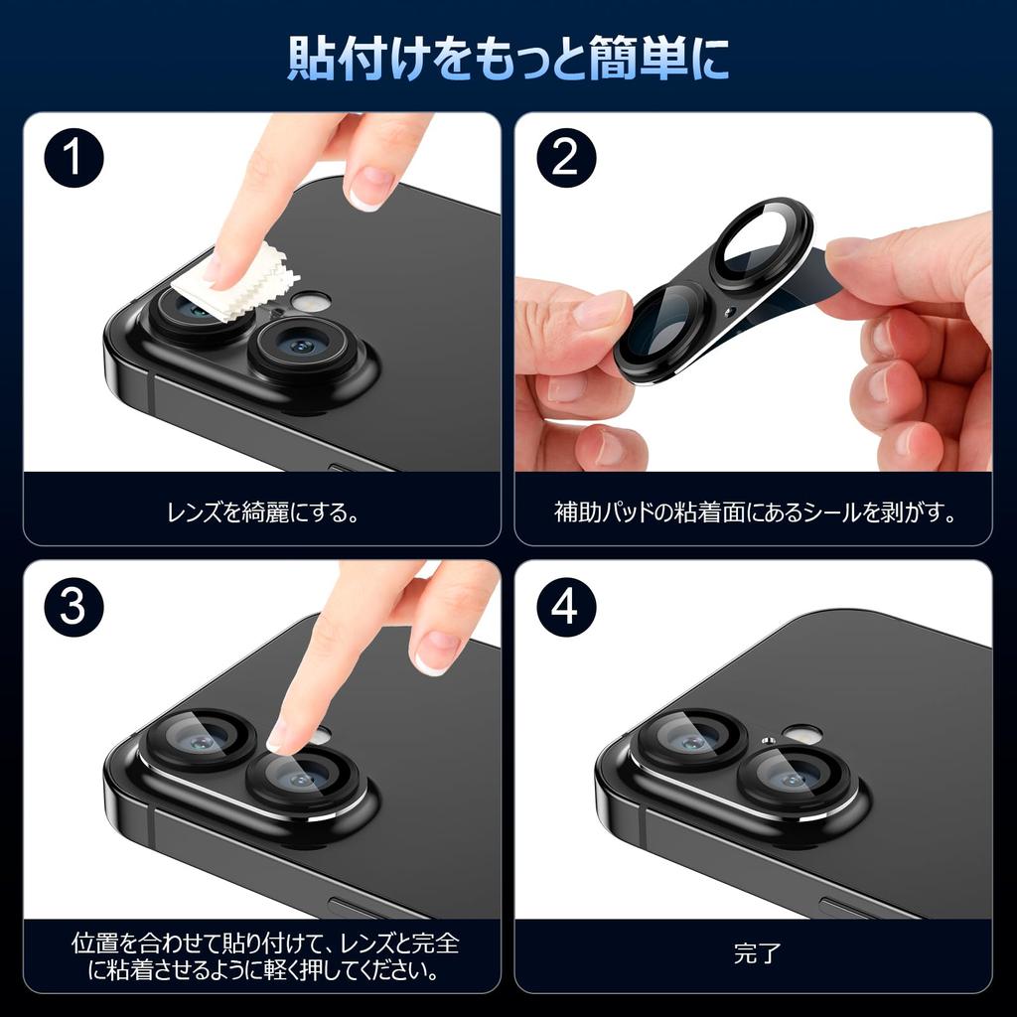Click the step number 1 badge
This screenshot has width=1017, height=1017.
[x=73, y=159]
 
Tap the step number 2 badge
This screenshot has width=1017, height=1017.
[x=565, y=159]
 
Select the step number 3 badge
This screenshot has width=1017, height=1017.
[x=73, y=606]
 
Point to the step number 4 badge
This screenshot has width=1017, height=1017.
[x=565, y=606]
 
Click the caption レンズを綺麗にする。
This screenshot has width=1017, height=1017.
[x=262, y=513]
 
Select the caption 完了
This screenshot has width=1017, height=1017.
[x=757, y=955]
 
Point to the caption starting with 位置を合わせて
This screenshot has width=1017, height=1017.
[x=264, y=955]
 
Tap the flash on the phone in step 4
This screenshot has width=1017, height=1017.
[x=799, y=734]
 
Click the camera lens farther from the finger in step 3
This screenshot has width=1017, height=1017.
[x=195, y=742]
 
